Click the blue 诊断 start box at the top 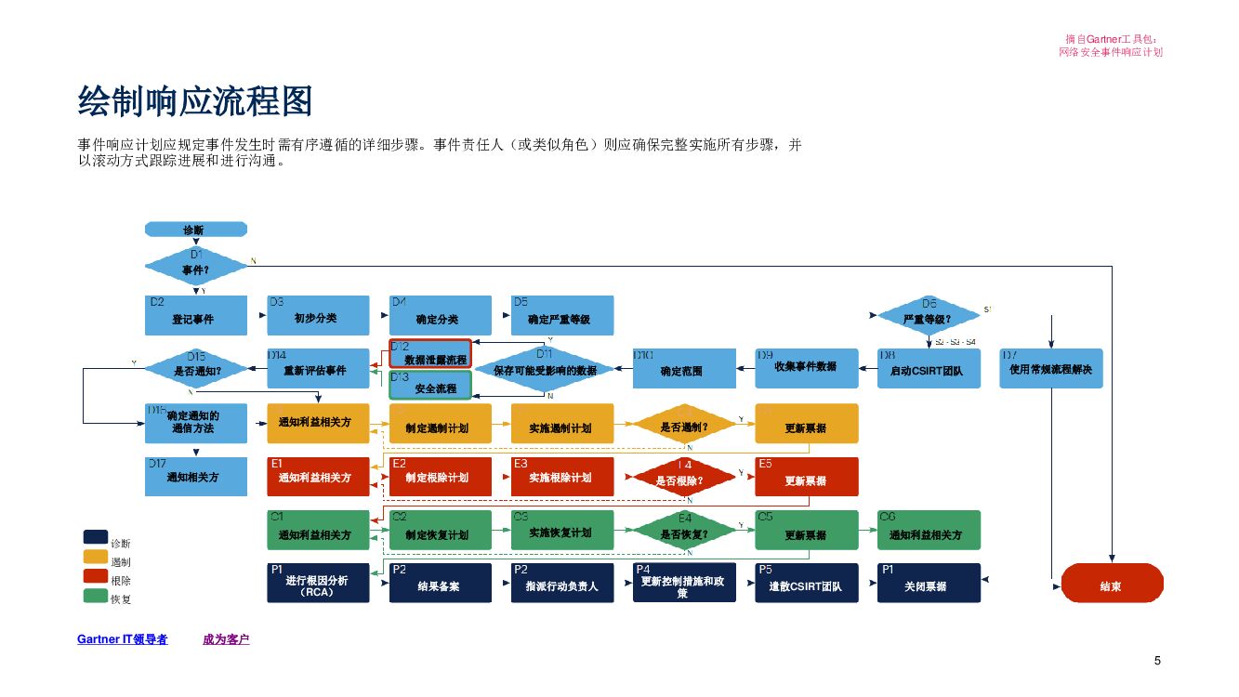coord(195,229)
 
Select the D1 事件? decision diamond coord(196,267)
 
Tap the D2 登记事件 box coord(196,316)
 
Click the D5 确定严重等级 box coord(562,316)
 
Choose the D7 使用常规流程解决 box coord(1050,369)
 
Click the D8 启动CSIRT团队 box coord(928,369)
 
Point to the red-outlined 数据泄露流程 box coord(429,354)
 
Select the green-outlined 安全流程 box coord(429,384)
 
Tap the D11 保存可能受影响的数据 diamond coord(546,369)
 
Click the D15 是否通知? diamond coord(196,369)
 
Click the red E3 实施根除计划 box coord(562,477)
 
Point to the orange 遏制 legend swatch coord(95,557)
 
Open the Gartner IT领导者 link coord(122,639)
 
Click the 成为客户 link coord(226,639)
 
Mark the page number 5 coord(1157,661)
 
